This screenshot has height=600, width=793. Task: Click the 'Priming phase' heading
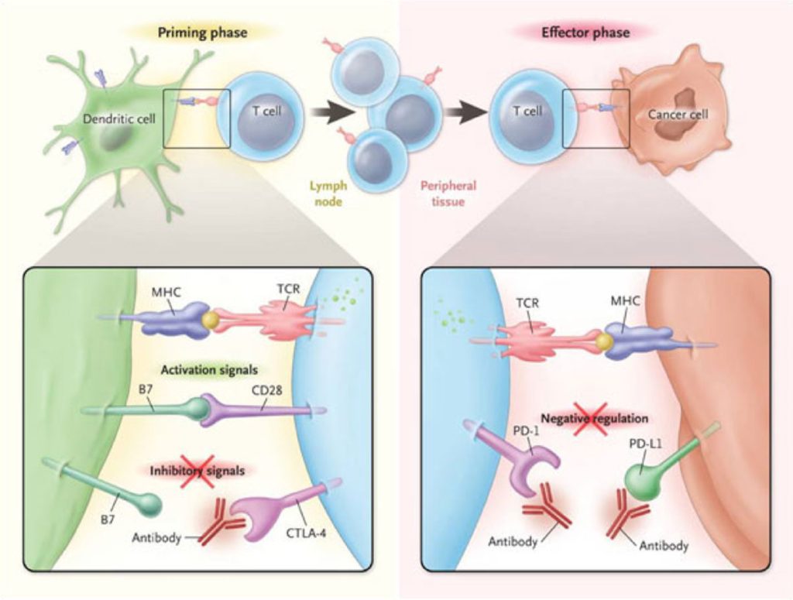point(202,33)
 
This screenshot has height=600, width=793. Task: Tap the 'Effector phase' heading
point(595,33)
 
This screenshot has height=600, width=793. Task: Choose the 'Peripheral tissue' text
point(448,194)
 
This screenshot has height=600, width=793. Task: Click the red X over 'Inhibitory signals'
point(197,470)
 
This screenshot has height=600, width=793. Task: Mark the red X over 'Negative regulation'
point(591,419)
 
